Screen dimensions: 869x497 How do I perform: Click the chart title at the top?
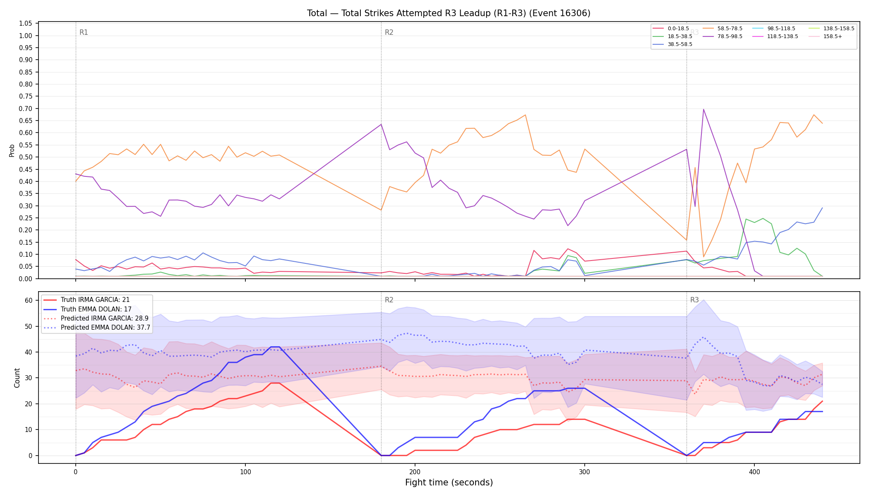[x=449, y=13]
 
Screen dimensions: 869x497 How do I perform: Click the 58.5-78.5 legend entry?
[x=723, y=29]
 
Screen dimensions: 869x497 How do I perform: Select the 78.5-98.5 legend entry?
[x=723, y=36]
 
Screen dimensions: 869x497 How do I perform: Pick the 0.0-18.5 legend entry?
[x=671, y=29]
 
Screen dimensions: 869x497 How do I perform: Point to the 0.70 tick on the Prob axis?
[x=26, y=109]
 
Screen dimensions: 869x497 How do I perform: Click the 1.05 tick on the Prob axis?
[x=26, y=24]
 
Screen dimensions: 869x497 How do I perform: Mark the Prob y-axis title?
[x=12, y=150]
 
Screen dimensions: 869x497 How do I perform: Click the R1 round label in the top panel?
[x=84, y=32]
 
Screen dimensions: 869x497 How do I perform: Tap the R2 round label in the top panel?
[x=389, y=32]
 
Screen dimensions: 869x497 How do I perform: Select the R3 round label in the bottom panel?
[x=694, y=300]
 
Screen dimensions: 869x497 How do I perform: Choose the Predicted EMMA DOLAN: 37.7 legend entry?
[x=96, y=327]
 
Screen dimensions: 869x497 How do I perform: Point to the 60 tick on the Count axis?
[x=29, y=301]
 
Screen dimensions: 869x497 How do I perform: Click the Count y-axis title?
[x=17, y=378]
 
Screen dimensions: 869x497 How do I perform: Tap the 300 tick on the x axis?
[x=584, y=472]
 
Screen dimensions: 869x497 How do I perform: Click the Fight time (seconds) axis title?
[x=449, y=483]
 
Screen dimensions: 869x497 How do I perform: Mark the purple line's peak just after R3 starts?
[x=703, y=109]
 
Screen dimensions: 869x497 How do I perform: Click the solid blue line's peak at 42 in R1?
[x=275, y=347]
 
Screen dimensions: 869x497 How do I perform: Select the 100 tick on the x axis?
[x=245, y=472]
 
